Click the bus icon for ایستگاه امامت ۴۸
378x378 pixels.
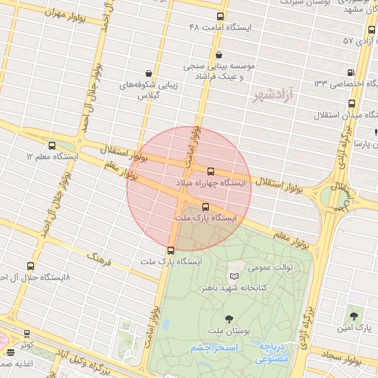click(x=220, y=16)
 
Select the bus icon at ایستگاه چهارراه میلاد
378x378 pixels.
click(x=211, y=171)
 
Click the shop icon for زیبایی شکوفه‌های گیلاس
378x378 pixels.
click(x=150, y=73)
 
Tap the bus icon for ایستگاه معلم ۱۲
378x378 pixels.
click(x=51, y=145)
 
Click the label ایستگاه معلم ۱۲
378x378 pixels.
click(x=52, y=157)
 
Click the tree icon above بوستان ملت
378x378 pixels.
click(x=227, y=319)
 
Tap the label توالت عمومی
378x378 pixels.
click(x=270, y=267)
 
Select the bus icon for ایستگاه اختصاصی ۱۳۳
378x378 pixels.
click(x=351, y=72)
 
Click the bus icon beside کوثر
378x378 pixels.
click(x=27, y=334)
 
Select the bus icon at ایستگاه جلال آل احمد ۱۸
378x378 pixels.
click(x=30, y=266)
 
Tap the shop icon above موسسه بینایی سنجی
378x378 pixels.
click(x=219, y=55)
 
